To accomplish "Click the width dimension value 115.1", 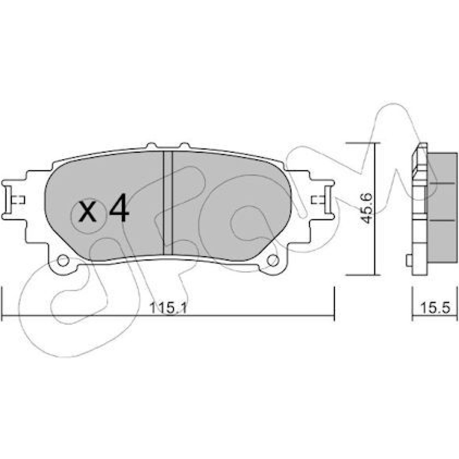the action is tap(168, 308).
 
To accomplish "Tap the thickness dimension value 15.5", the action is tap(435, 308).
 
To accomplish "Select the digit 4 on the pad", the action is tap(118, 207).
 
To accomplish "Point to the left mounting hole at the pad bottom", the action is tap(63, 260).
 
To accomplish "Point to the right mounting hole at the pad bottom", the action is tap(273, 260).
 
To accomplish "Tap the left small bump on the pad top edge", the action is tap(151, 145).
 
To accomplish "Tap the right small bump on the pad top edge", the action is tap(185, 145).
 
